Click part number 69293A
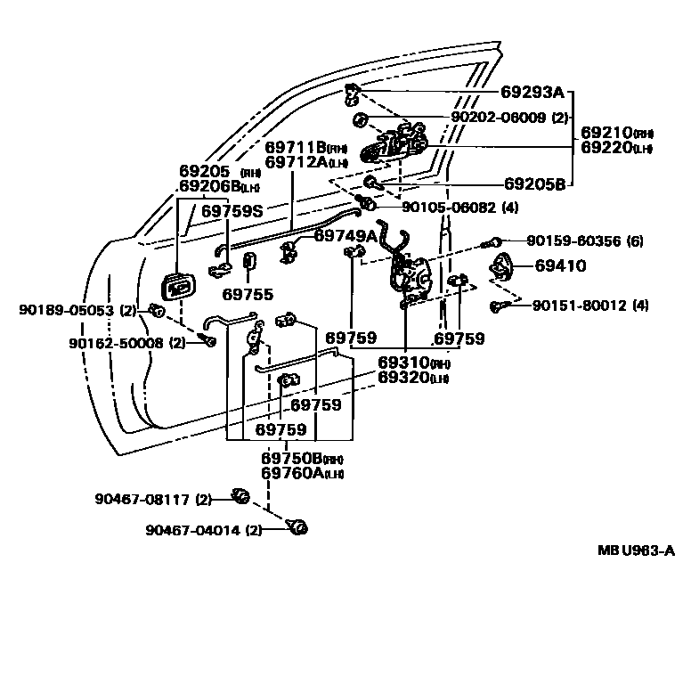pos(532,92)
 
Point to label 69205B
pos(534,184)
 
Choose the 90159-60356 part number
pos(572,241)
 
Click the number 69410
pos(560,265)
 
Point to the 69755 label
pos(248,293)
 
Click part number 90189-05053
pos(69,310)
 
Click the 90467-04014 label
pos(194,531)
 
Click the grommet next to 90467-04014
pos(297,529)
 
